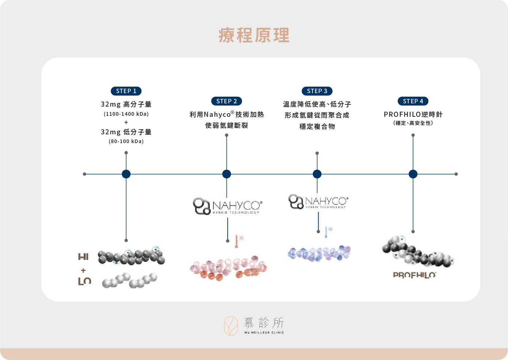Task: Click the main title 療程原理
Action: [254, 35]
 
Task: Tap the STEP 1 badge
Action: [126, 91]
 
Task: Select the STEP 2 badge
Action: [227, 101]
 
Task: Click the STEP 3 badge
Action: [317, 91]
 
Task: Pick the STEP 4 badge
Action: [413, 101]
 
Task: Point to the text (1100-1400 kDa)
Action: [126, 114]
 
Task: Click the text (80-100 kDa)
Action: [126, 141]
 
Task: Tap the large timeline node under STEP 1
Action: [126, 174]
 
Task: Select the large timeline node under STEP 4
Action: [413, 174]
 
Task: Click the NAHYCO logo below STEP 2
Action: [227, 206]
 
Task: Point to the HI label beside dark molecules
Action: [83, 257]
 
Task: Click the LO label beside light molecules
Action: [84, 281]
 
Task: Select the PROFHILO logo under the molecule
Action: [414, 275]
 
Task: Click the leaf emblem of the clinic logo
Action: [231, 326]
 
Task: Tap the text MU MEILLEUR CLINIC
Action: [264, 333]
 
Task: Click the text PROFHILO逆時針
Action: [413, 114]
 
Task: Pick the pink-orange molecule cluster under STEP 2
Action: [228, 268]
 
